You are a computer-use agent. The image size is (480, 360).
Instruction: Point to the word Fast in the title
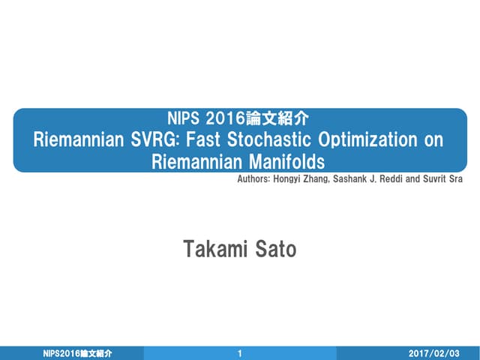[x=223, y=139]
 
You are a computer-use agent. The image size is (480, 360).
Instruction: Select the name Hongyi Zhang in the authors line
[x=304, y=180]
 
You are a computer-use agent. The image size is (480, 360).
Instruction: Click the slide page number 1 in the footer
[x=239, y=352]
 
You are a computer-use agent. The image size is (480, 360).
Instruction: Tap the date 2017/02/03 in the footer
[x=433, y=352]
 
